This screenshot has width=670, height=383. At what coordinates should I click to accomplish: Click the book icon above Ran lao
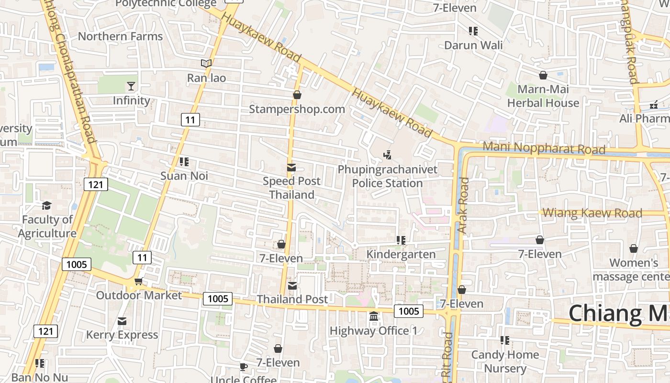[206, 63]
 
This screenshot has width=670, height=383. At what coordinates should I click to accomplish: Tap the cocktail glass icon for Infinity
[131, 86]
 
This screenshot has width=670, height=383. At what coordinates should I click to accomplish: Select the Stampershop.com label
[297, 109]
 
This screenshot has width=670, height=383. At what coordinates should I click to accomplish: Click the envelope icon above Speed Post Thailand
[291, 168]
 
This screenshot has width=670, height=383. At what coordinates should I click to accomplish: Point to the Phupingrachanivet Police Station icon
[388, 155]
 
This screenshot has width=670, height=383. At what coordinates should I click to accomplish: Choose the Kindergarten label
[401, 254]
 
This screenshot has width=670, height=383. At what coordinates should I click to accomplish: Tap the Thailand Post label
[292, 299]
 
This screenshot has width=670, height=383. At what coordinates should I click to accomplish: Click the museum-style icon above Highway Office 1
[374, 316]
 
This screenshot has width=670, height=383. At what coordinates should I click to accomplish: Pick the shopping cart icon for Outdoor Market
[138, 281]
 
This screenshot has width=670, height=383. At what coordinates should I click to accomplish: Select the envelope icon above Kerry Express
[122, 321]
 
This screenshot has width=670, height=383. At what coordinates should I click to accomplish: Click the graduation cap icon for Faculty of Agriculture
[46, 206]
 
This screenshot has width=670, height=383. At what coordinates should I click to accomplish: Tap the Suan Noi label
[184, 176]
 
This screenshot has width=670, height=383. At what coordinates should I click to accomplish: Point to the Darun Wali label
[473, 45]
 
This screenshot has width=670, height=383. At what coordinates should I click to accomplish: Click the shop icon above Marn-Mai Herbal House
[543, 75]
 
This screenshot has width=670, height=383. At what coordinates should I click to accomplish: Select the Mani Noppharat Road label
[544, 147]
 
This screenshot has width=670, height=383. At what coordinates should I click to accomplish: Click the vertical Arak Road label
[463, 205]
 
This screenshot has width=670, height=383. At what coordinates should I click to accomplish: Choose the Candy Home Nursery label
[505, 361]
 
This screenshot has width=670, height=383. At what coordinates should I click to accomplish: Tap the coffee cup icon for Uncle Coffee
[243, 367]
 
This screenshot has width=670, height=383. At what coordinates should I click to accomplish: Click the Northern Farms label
[120, 36]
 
